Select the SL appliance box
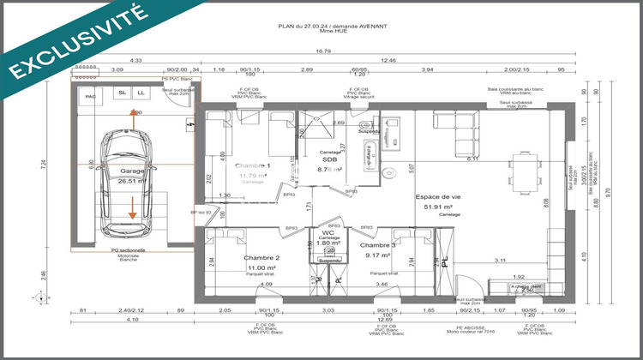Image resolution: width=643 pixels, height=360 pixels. (x=123, y=93)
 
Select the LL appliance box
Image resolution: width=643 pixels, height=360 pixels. (x=141, y=93)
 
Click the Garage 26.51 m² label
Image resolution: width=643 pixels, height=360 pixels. (x=133, y=176)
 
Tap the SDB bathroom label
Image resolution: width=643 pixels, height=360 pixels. (x=328, y=160)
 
